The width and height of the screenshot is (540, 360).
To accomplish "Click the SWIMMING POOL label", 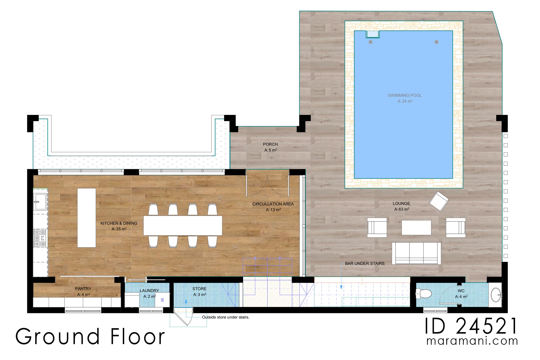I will (404, 96).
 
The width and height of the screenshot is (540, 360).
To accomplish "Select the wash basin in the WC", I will (496, 295).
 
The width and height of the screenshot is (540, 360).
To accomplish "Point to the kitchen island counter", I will (86, 218).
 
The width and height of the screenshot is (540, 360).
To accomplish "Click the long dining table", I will (182, 226).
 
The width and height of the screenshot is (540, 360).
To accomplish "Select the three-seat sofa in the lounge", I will (416, 253).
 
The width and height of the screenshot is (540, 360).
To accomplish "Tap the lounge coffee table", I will (416, 227).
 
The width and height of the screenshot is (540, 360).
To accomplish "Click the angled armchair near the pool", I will (439, 201).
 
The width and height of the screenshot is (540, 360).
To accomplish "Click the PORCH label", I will (270, 144).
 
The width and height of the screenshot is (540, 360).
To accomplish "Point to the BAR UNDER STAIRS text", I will (364, 263).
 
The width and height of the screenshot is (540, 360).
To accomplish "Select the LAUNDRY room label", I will (149, 291).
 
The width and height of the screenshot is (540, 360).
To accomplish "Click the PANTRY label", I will (83, 289).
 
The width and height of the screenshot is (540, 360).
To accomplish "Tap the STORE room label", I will (199, 289).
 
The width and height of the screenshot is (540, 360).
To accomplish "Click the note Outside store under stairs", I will (225, 317).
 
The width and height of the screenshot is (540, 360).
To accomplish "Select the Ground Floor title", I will (90, 337).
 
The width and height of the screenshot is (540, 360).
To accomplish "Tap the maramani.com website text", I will (472, 341).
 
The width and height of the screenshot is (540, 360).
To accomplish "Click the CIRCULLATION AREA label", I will (273, 204).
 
